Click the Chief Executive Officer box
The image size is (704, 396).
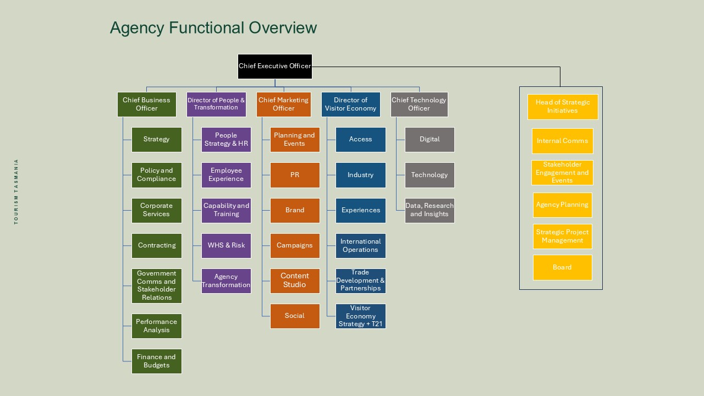tap(275, 67)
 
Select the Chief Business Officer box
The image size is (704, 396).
tap(147, 105)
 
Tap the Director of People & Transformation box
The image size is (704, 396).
tap(216, 105)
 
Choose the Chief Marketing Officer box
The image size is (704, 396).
tap(284, 105)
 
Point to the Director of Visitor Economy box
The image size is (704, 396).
tap(351, 105)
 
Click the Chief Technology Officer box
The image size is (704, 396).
tap(419, 105)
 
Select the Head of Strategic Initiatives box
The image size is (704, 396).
tap(563, 107)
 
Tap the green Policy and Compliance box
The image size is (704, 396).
tap(157, 175)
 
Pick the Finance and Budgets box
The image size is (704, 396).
tap(157, 361)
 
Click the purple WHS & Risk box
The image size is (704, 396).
tap(226, 245)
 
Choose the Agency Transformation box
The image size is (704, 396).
tap(226, 281)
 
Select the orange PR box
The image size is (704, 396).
tap(295, 175)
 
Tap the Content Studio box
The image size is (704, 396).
tap(295, 280)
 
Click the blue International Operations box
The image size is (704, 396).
tap(361, 246)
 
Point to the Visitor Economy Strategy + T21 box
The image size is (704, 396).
tap(361, 316)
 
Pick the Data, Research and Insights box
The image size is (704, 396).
tap(430, 210)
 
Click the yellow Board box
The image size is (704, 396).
tap(563, 267)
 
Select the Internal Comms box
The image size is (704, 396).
tap(563, 141)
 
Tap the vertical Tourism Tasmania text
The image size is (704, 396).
tap(16, 191)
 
